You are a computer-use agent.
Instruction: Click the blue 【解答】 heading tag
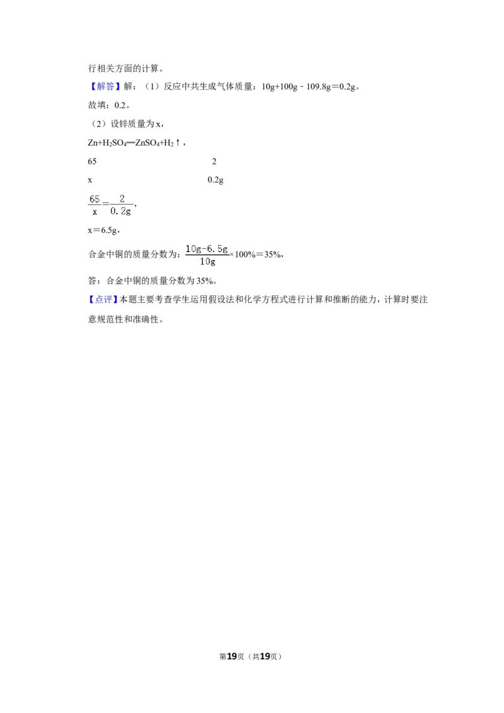105,86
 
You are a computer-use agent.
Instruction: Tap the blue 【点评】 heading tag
102,299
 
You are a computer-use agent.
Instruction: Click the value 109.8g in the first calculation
318,86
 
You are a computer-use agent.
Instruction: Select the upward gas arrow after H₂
178,142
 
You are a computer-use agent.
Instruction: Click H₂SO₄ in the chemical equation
114,143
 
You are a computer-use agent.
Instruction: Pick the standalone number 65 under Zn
92,161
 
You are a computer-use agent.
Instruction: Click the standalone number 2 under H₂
214,161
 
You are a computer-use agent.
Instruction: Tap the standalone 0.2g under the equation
215,180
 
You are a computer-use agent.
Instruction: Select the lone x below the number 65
90,180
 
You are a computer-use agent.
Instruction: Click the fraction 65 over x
94,205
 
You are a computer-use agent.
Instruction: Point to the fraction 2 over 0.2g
121,205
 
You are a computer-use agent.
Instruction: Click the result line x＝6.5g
103,230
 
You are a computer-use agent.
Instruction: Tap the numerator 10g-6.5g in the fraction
207,249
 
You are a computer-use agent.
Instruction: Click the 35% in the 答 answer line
205,281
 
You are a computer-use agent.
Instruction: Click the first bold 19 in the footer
232,656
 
